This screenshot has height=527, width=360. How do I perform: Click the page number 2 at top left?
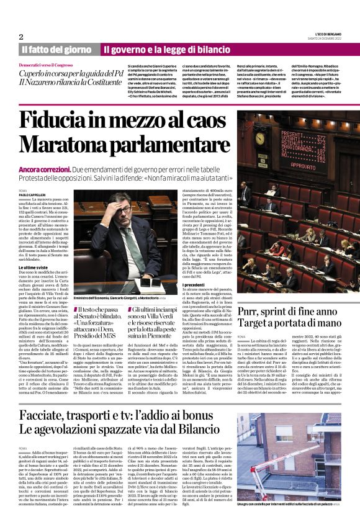click(x=21, y=37)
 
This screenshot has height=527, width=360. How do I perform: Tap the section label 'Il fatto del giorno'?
click(x=56, y=49)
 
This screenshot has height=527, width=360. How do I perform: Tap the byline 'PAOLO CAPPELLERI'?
click(x=32, y=194)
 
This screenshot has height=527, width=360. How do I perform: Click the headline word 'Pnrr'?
click(x=252, y=310)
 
